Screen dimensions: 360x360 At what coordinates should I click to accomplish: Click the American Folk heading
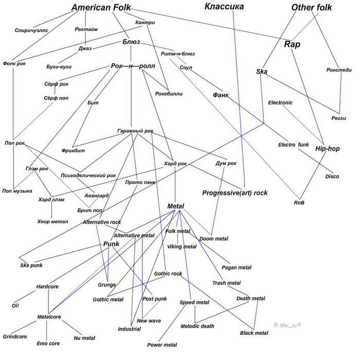pyautogui.click(x=101, y=8)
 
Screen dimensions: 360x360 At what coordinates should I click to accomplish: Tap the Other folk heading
pyautogui.click(x=312, y=8)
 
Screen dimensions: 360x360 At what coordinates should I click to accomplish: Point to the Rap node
pyautogui.click(x=292, y=44)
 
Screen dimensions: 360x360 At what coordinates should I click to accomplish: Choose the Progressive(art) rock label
pyautogui.click(x=235, y=193)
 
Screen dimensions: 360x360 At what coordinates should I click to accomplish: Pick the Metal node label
pyautogui.click(x=176, y=206)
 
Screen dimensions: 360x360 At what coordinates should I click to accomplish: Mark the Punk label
pyautogui.click(x=111, y=244)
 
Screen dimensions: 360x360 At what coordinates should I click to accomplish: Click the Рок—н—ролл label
pyautogui.click(x=133, y=66)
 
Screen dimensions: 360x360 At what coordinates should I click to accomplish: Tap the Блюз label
pyautogui.click(x=131, y=42)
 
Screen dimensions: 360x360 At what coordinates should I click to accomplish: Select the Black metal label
pyautogui.click(x=254, y=333)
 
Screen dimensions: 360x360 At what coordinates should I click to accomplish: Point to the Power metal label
pyautogui.click(x=162, y=345)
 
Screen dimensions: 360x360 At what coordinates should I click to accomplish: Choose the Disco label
pyautogui.click(x=332, y=177)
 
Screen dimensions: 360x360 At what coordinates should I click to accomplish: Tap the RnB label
pyautogui.click(x=299, y=203)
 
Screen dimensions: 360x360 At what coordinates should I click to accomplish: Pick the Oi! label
pyautogui.click(x=15, y=305)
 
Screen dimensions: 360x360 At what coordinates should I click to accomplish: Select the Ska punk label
pyautogui.click(x=31, y=265)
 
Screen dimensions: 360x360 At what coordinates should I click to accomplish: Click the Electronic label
pyautogui.click(x=280, y=103)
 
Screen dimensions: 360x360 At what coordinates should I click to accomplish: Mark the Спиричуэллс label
pyautogui.click(x=31, y=31)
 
